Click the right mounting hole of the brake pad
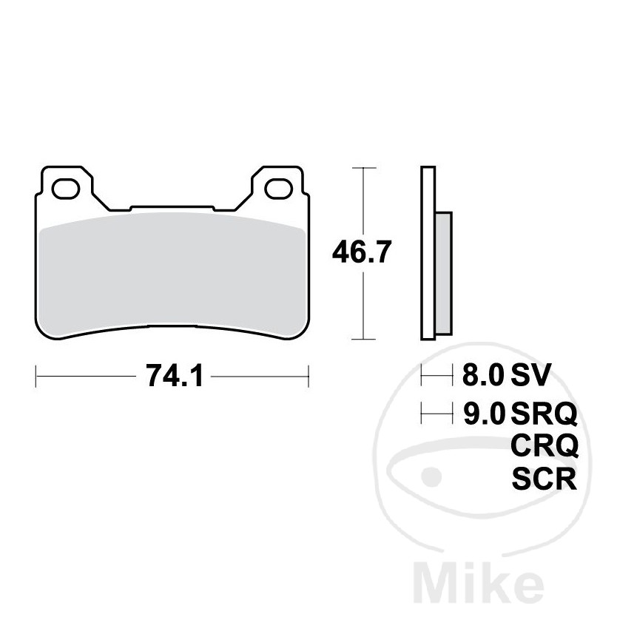click(x=277, y=189)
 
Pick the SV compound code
click(x=530, y=376)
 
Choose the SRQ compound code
click(x=544, y=414)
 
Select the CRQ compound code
click(x=544, y=446)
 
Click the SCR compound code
click(x=544, y=479)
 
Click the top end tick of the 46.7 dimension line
click(x=361, y=169)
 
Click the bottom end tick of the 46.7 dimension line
click(x=361, y=340)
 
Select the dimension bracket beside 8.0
click(x=436, y=377)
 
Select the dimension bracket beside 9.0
click(x=436, y=414)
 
